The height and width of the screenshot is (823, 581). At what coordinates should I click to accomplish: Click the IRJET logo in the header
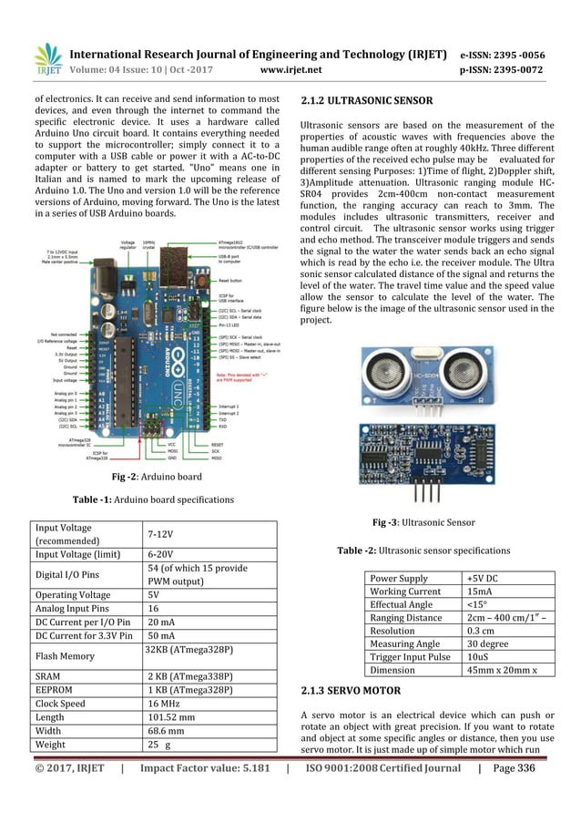point(47,59)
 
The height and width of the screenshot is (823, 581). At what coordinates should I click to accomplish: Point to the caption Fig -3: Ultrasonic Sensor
point(423,522)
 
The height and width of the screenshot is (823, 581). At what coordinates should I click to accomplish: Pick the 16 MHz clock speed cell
point(164,704)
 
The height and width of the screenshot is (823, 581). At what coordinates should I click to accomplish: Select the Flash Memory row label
point(66,654)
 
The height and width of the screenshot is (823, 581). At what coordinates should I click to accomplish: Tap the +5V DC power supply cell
point(484,578)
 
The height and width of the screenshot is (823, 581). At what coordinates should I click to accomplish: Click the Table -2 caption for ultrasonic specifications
point(423,550)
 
